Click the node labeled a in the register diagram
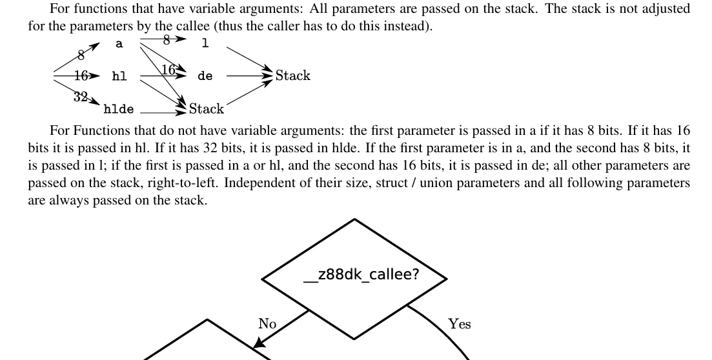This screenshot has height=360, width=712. [x=119, y=44]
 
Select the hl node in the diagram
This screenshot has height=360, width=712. [x=119, y=76]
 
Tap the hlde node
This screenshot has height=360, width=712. [x=119, y=109]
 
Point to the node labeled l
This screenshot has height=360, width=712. [x=205, y=43]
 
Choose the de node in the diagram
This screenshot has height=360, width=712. [x=205, y=76]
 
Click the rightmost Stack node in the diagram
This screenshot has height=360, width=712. [x=293, y=75]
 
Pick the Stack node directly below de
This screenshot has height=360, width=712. [x=207, y=109]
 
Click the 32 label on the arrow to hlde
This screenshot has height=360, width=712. [x=81, y=97]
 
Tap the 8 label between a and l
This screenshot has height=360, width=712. [x=167, y=41]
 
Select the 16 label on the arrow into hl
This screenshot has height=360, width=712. [x=81, y=76]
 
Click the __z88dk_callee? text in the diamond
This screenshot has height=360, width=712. [x=361, y=275]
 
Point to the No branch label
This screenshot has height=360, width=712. [x=267, y=324]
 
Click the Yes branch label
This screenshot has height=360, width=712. [x=460, y=324]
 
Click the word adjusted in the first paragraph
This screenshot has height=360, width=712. [x=665, y=9]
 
